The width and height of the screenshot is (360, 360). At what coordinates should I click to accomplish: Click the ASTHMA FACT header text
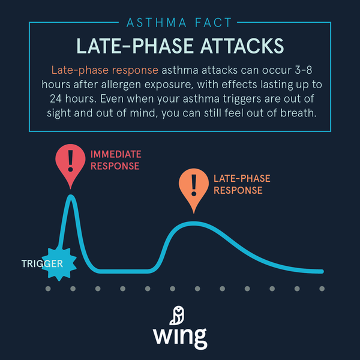point(180,23)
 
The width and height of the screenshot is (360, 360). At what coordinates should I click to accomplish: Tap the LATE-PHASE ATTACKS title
point(180,46)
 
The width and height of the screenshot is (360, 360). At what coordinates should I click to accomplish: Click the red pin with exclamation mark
point(72,161)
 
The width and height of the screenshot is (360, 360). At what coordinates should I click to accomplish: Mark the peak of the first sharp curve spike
point(72,196)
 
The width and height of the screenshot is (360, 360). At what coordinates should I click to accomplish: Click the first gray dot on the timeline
point(47,289)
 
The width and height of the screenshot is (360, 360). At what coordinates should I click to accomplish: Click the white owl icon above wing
point(179,314)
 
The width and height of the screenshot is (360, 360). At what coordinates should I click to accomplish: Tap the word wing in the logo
point(180,335)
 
